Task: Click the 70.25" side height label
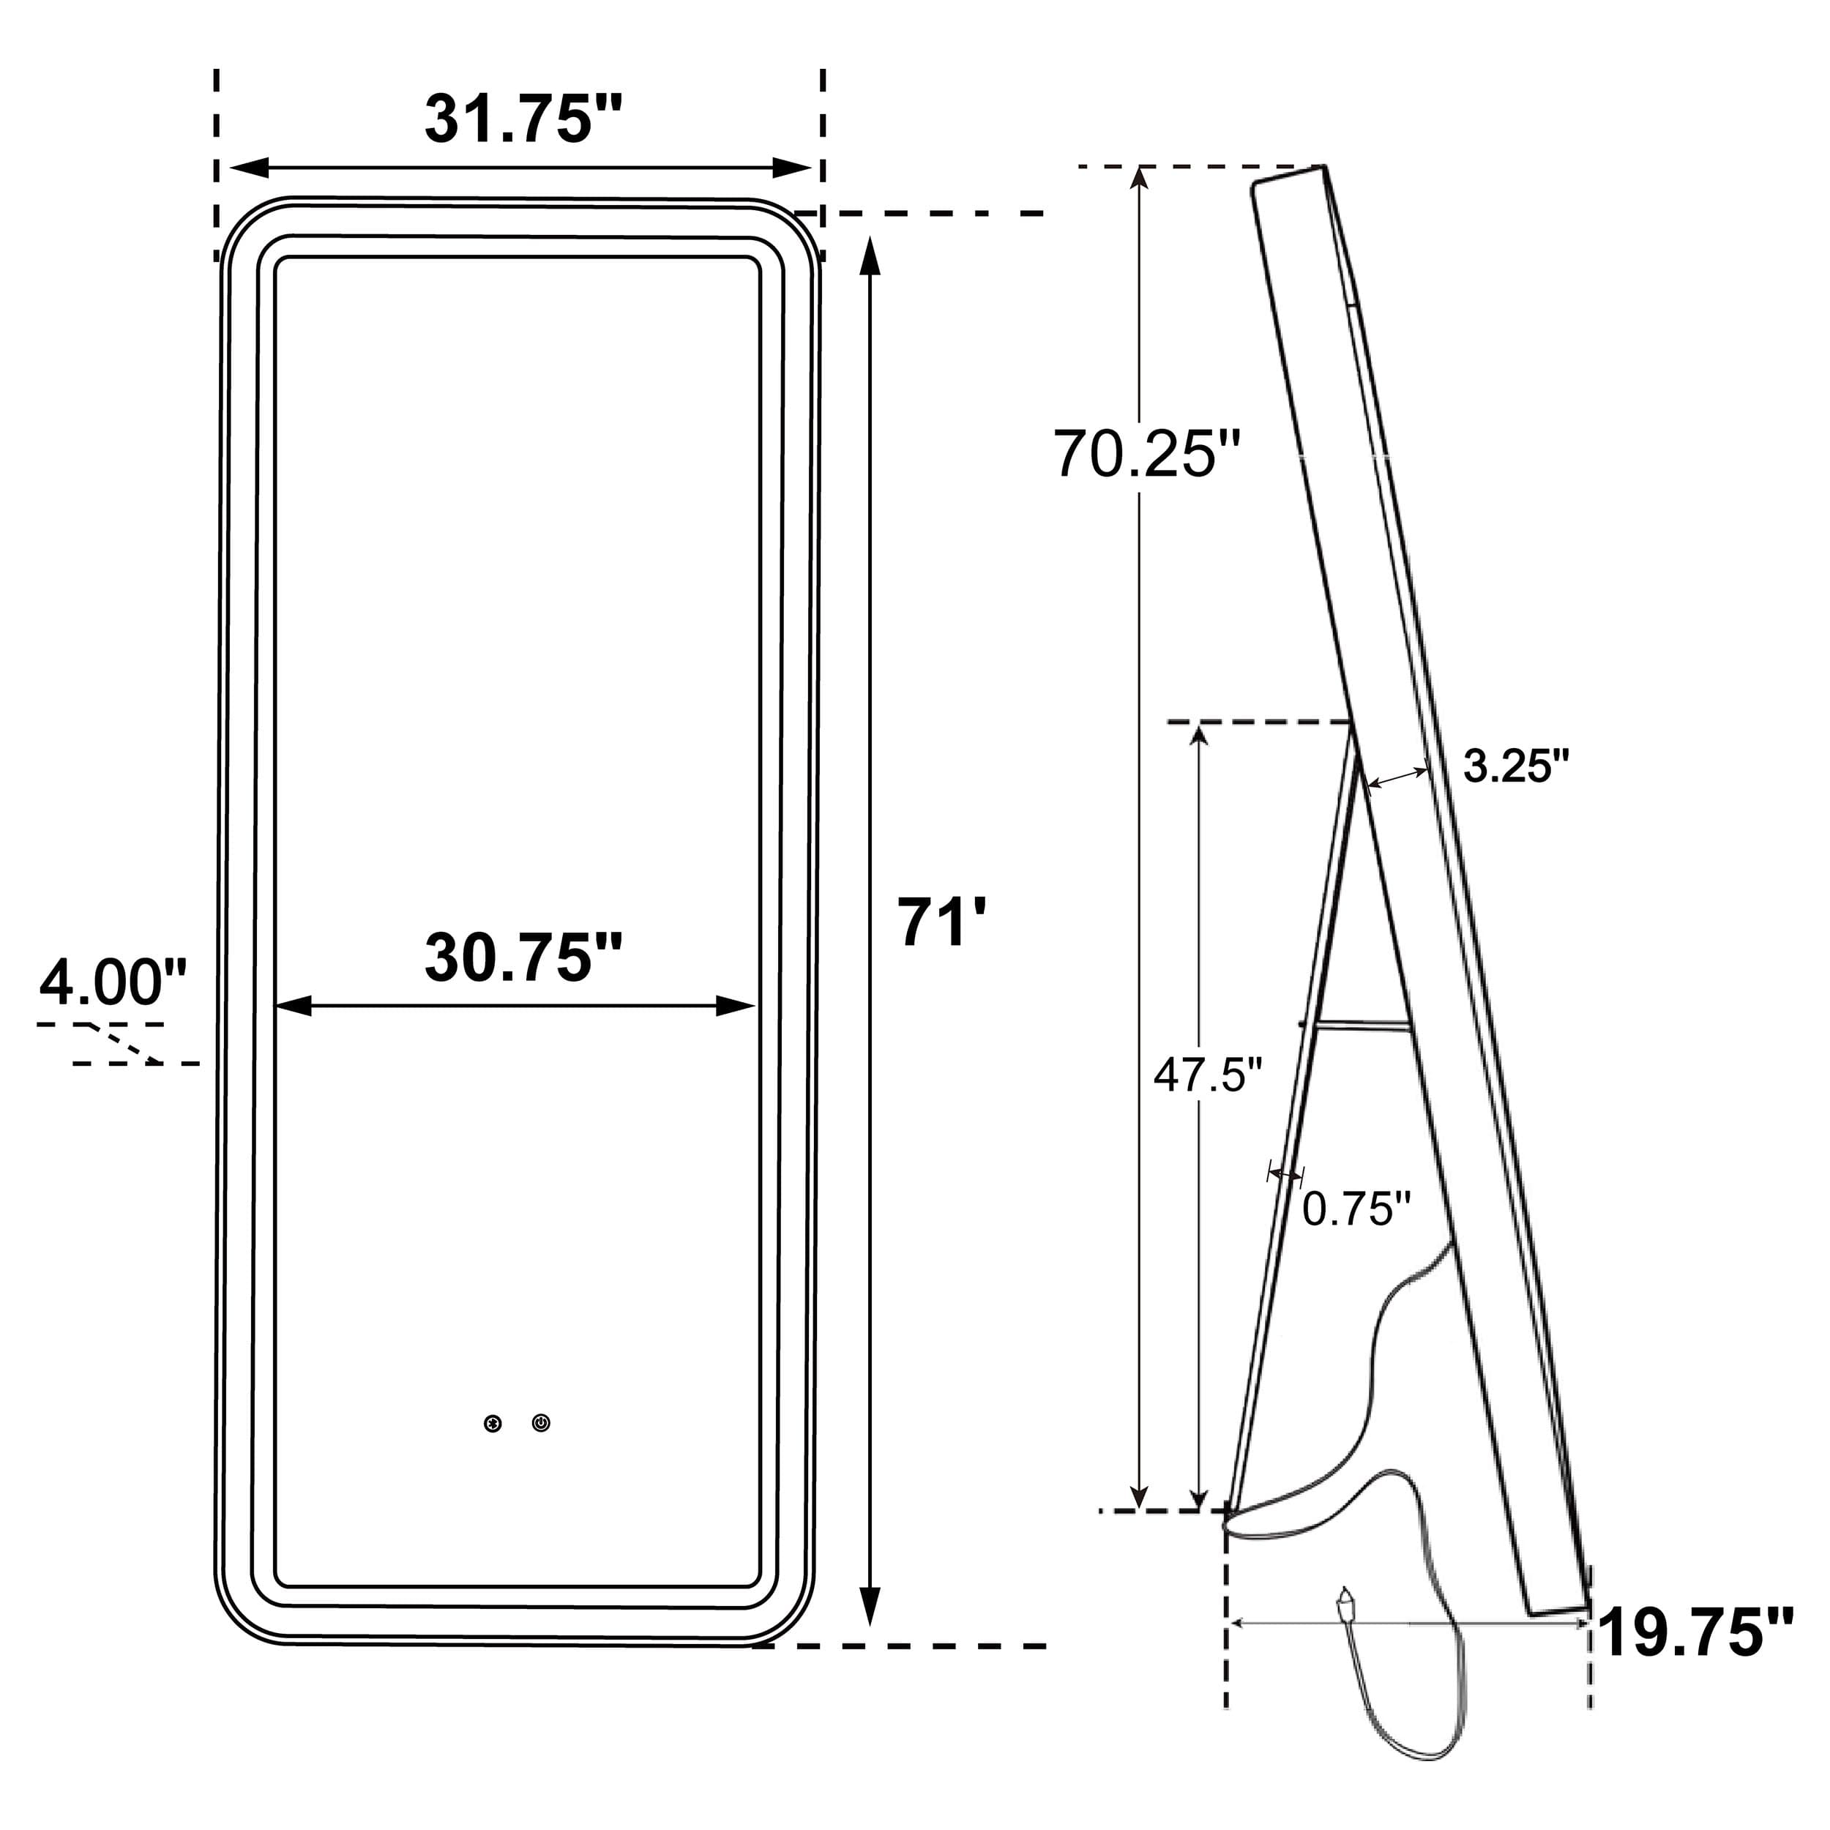pos(1146,454)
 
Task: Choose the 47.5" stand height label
pos(1208,1074)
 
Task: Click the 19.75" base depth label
pos(1695,1632)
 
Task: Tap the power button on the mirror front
pos(541,1423)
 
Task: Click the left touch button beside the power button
pos(493,1424)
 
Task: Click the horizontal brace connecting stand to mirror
pos(1356,1025)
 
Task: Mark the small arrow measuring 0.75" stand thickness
pos(1285,1175)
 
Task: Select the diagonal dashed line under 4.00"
pos(123,1044)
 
